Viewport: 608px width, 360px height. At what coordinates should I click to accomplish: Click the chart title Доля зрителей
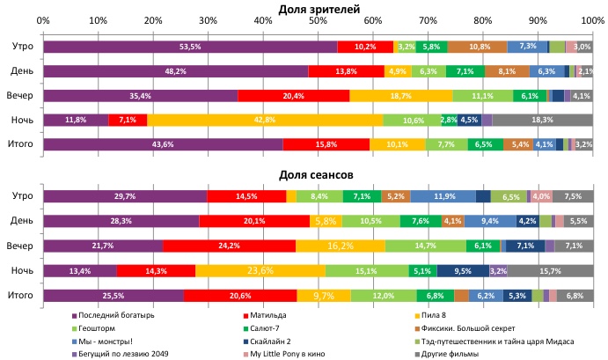coord(318,8)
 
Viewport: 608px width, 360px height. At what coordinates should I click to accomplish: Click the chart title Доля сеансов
coord(318,174)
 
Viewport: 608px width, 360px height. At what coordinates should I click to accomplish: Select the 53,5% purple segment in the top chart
coord(189,47)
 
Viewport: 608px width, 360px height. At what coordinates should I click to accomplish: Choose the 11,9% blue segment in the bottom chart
coord(443,196)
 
